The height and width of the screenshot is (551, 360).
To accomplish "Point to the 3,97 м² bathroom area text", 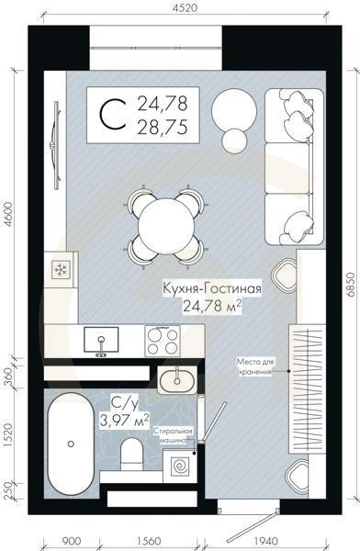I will click(124, 420).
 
